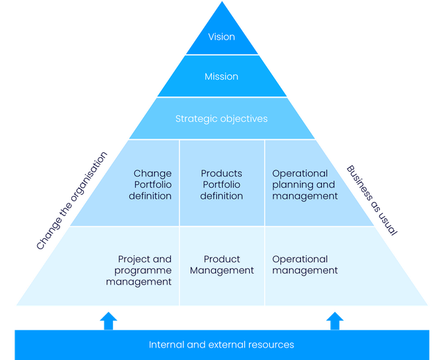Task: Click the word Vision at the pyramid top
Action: point(221,37)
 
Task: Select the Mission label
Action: point(221,77)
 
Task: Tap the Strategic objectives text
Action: point(221,118)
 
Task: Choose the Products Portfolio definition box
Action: point(221,185)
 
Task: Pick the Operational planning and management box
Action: point(305,185)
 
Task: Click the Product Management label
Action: point(221,265)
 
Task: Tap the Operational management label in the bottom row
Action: point(305,265)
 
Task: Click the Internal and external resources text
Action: point(221,344)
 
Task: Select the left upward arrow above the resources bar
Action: point(108,319)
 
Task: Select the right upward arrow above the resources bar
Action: point(335,319)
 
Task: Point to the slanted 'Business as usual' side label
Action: point(372,201)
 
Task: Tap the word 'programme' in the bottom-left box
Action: point(143,271)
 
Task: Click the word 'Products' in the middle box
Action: point(221,174)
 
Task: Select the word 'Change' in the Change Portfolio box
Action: point(153,174)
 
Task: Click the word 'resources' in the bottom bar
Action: point(270,344)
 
